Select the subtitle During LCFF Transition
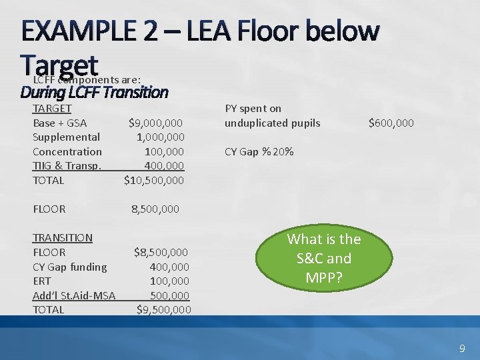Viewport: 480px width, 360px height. click(x=94, y=92)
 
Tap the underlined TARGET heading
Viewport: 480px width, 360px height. click(x=52, y=108)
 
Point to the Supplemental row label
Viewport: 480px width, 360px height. click(x=67, y=137)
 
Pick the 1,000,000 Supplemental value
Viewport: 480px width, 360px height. click(x=160, y=137)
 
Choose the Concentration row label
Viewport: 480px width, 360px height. click(x=67, y=152)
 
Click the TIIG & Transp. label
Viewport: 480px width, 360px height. click(x=67, y=166)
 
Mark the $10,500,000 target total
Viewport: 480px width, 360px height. click(x=154, y=181)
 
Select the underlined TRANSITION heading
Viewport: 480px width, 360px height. click(x=63, y=238)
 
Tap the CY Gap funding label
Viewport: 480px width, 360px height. click(x=70, y=267)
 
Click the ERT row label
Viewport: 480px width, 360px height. click(x=42, y=281)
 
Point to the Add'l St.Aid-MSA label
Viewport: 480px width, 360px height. click(x=74, y=295)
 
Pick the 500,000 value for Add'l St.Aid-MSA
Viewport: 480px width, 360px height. click(x=169, y=295)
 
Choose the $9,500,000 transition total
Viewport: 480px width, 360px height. click(x=163, y=310)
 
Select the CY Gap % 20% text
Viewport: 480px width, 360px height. click(x=259, y=152)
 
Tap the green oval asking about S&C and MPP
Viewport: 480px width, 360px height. click(x=323, y=258)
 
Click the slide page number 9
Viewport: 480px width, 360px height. click(x=462, y=349)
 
